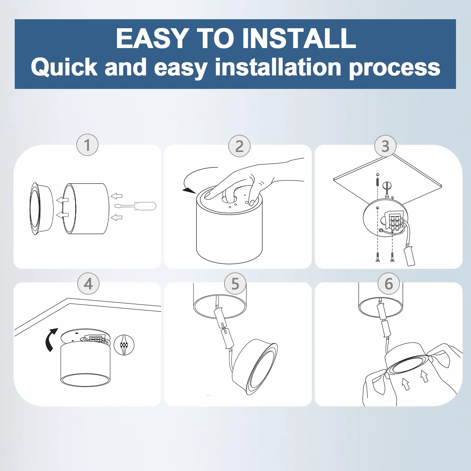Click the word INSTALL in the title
299,38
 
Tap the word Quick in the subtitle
64,67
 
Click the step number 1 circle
87,145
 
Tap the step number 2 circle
239,146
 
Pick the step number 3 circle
385,146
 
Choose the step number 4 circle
88,284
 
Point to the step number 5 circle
235,284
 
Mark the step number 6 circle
389,284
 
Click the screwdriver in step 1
135,206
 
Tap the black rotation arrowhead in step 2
189,190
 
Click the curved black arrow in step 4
51,340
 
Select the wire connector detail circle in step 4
124,345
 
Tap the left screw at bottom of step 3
378,257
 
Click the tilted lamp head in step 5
255,367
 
